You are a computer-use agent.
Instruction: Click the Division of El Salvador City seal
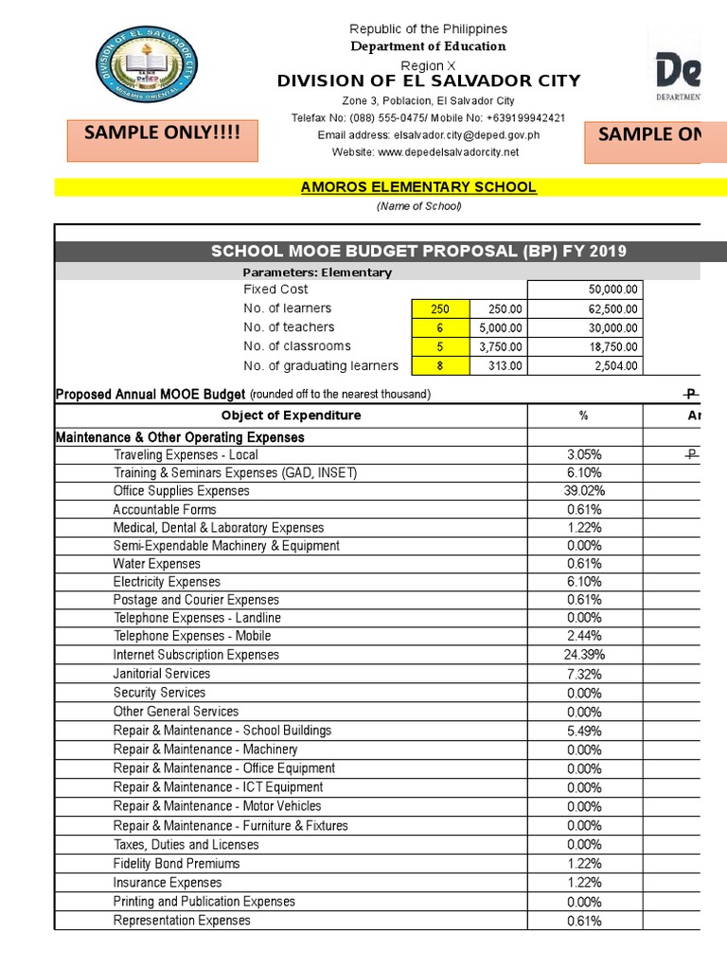coord(144,69)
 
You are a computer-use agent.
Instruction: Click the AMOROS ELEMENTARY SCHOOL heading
coord(417,187)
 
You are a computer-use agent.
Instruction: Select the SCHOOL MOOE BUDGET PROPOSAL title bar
coord(417,251)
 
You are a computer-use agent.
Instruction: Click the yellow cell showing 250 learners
coord(440,308)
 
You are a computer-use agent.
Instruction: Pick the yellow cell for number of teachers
coord(440,327)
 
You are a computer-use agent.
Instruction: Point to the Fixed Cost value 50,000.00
coord(613,290)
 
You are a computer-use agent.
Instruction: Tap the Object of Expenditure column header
coord(291,415)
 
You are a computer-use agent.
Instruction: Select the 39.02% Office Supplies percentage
coord(584,491)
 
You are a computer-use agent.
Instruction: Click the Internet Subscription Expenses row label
coord(196,655)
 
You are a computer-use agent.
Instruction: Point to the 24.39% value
coord(584,655)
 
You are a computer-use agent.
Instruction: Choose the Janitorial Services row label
coord(162,674)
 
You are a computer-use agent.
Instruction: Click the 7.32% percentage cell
coord(584,674)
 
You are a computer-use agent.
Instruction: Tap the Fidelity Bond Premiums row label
coord(176,863)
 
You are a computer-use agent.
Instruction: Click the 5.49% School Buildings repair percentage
coord(584,731)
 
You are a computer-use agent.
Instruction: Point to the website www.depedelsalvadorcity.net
coord(425,152)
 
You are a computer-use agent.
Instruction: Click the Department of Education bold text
coord(428,46)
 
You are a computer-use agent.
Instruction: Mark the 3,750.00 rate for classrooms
coord(497,347)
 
